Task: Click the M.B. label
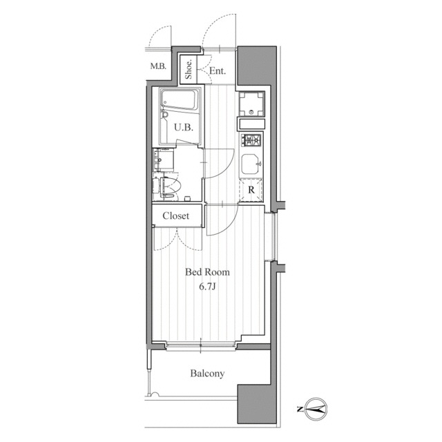(158, 66)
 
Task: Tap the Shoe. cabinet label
(189, 69)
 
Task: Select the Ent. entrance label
(218, 70)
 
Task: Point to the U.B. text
(184, 128)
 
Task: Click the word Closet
(175, 215)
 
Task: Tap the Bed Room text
(207, 272)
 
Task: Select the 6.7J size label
(207, 287)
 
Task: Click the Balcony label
(207, 373)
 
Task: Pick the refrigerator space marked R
(251, 190)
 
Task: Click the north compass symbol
(315, 409)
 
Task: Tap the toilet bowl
(171, 186)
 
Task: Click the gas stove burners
(251, 140)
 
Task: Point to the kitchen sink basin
(251, 164)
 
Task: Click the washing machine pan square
(251, 104)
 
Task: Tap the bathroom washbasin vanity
(163, 160)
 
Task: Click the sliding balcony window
(200, 345)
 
